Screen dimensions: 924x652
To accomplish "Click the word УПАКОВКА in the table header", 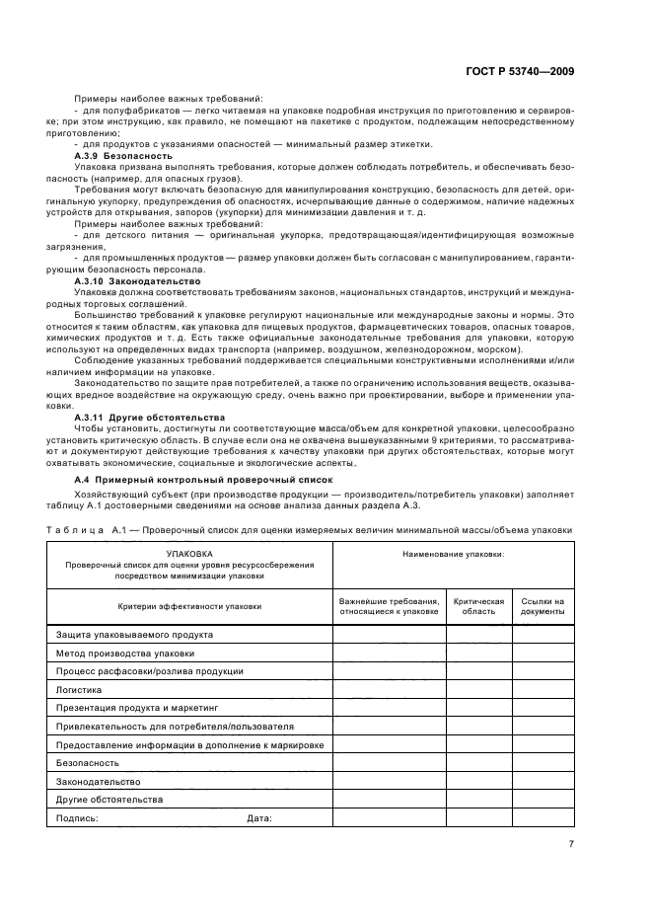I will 189,555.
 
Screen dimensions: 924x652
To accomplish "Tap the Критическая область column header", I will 478,606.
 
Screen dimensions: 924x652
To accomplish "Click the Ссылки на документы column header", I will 543,606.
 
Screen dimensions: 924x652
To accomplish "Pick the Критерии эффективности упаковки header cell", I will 189,606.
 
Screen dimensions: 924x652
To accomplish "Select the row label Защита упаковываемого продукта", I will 134,634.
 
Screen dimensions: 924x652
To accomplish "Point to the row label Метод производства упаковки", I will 124,653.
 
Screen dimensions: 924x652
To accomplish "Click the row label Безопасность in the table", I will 88,763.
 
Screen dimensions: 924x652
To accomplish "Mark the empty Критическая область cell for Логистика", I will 478,689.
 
